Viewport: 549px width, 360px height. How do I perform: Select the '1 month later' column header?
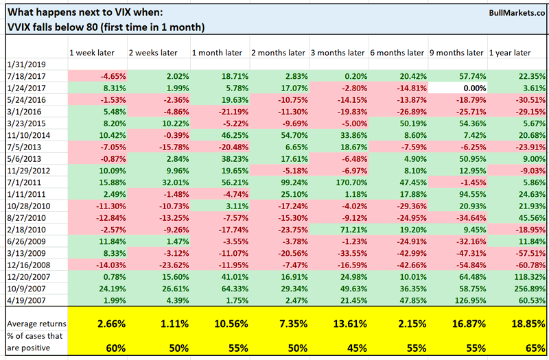tap(213, 53)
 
